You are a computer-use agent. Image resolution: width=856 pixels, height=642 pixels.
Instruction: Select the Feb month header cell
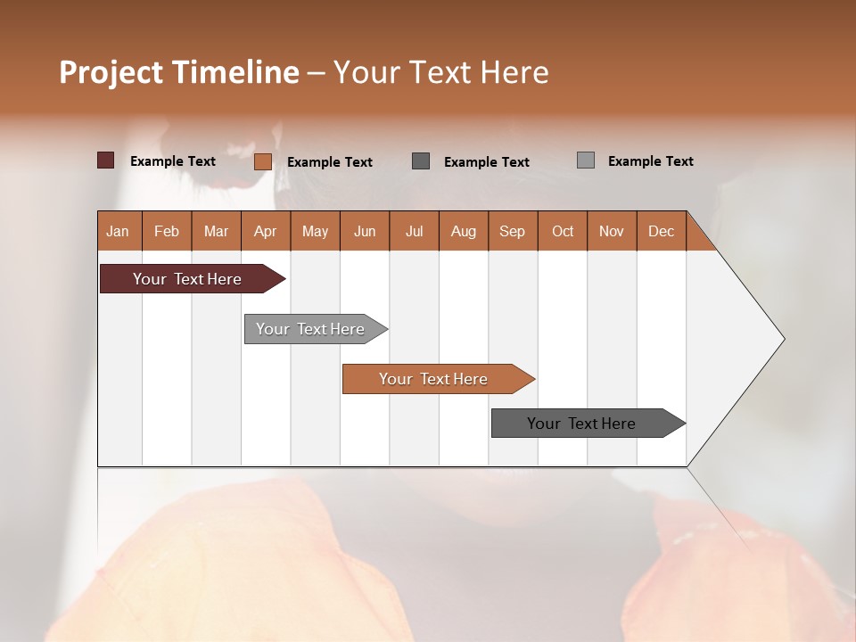167,231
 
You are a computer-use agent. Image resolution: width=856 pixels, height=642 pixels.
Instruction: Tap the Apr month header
266,231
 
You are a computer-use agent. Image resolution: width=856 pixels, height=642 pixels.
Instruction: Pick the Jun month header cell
365,231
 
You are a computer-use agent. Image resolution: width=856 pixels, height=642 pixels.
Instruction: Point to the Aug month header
464,231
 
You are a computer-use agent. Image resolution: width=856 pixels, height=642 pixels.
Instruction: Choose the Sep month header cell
513,231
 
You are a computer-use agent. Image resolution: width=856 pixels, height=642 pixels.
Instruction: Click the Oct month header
563,231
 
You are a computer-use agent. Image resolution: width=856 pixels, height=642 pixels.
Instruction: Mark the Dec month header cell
662,231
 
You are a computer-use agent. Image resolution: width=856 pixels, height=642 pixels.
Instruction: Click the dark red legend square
106,160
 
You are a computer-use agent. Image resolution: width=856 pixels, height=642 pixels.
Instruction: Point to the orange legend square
263,161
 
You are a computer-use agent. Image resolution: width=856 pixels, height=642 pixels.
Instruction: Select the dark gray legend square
421,160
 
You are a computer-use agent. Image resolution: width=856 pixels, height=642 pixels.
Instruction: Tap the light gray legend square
586,160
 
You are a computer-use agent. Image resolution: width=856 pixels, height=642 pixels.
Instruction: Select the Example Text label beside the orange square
330,162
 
